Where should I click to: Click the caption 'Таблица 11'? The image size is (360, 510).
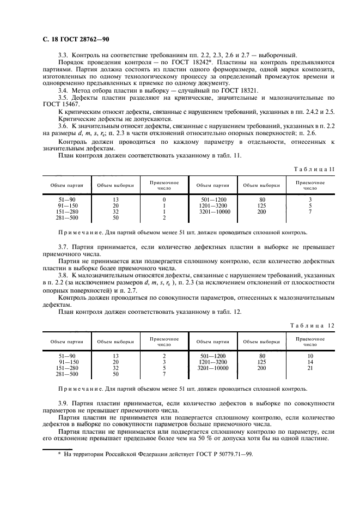pyautogui.click(x=313, y=169)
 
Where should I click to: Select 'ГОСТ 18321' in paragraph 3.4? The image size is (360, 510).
pyautogui.click(x=239, y=90)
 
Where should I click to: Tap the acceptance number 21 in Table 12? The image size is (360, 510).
pyautogui.click(x=310, y=368)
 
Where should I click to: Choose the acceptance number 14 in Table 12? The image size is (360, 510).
pyautogui.click(x=310, y=362)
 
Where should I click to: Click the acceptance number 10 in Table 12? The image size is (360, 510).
pyautogui.click(x=310, y=356)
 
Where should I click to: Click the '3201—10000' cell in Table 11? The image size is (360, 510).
pyautogui.click(x=215, y=212)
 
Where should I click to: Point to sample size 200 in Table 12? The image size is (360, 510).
pyautogui.click(x=261, y=368)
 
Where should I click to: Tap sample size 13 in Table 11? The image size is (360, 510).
pyautogui.click(x=115, y=199)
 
